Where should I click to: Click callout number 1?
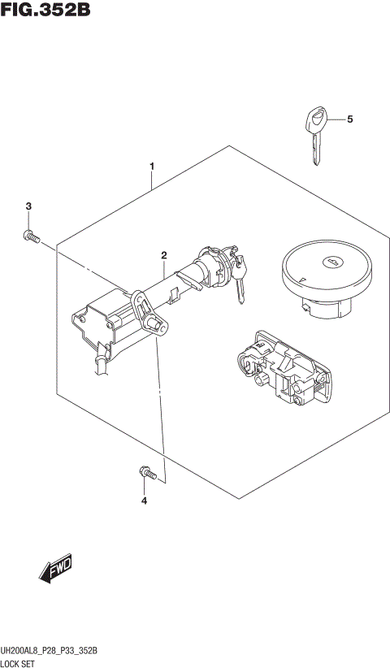point(152,167)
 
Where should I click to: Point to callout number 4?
point(144,501)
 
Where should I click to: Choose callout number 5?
point(349,120)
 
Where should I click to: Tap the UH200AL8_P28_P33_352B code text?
point(50,652)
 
